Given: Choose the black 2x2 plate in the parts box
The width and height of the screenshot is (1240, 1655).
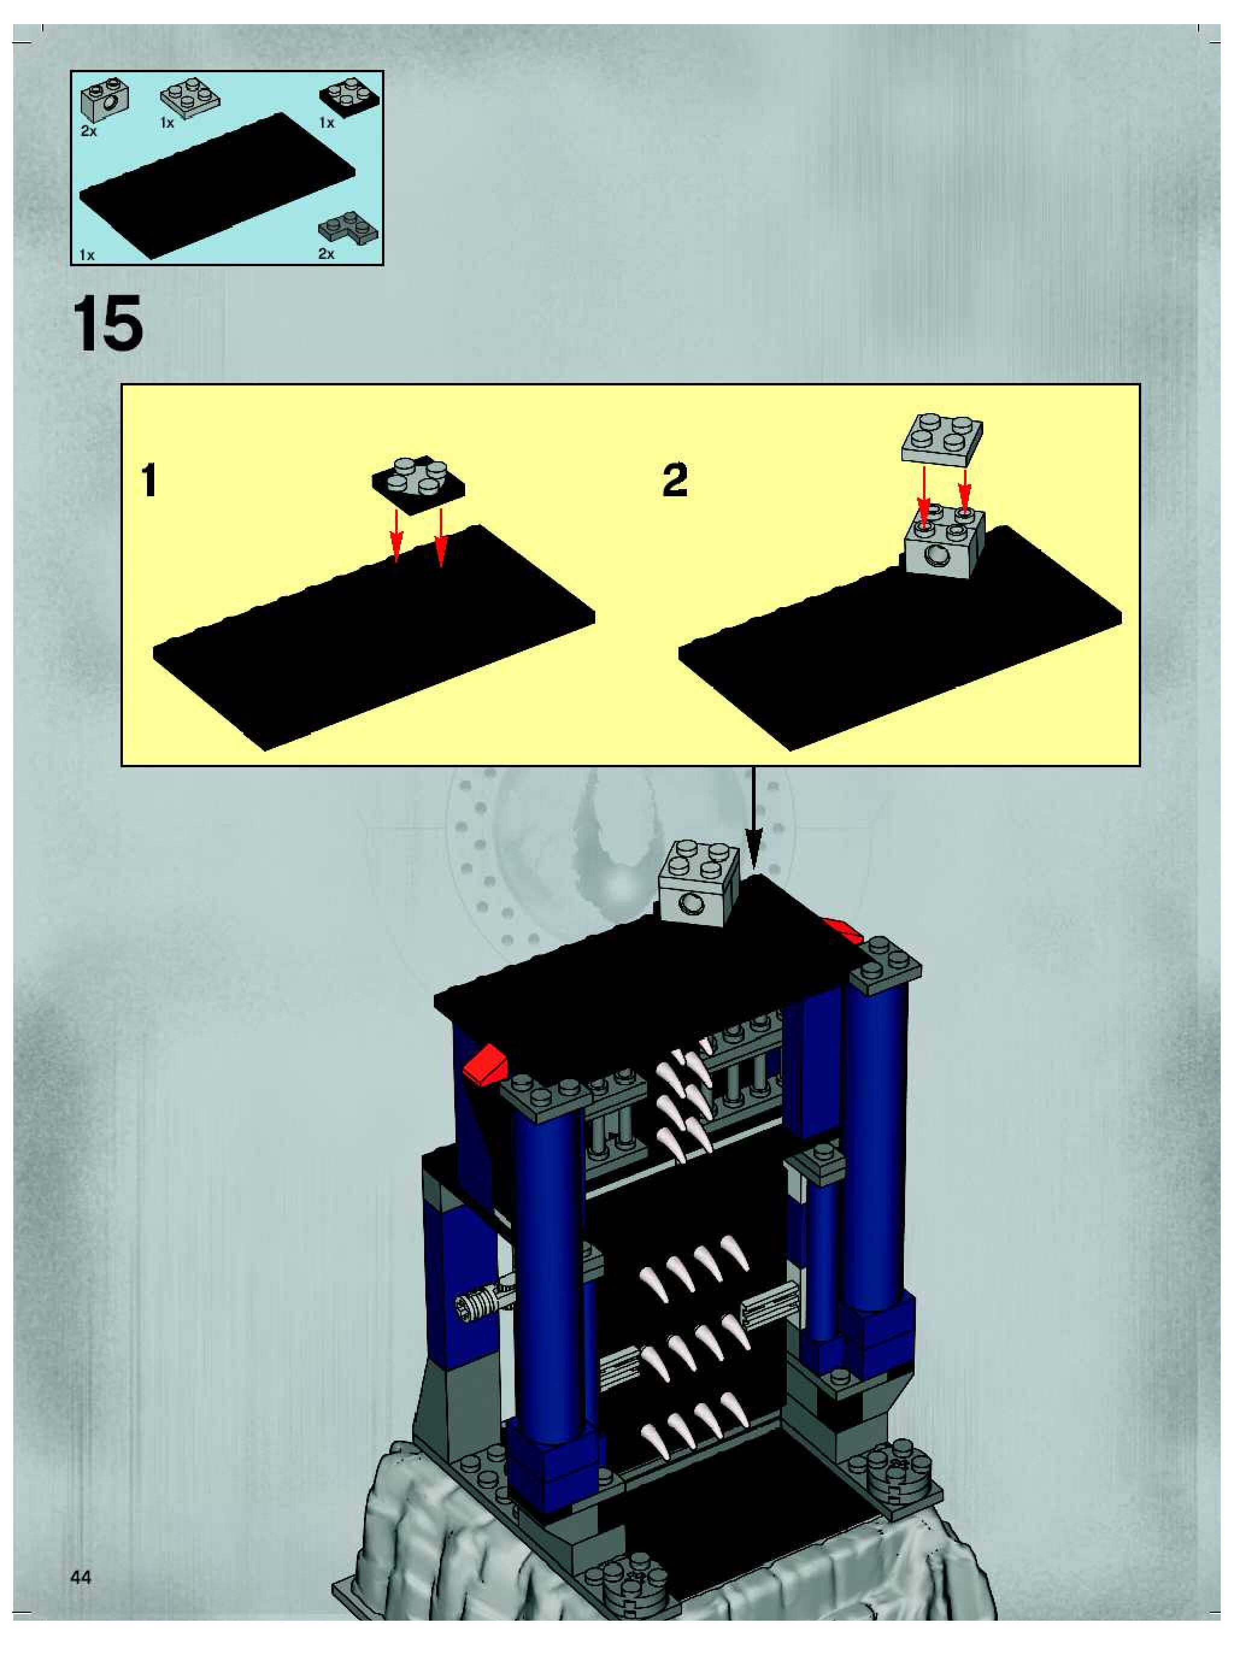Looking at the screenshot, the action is point(349,96).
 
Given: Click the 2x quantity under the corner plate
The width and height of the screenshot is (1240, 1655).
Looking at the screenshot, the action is point(327,254).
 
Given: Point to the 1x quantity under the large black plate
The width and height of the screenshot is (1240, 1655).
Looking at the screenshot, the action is point(87,255).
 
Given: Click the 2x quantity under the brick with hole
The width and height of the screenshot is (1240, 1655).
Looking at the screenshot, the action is point(89,131).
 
